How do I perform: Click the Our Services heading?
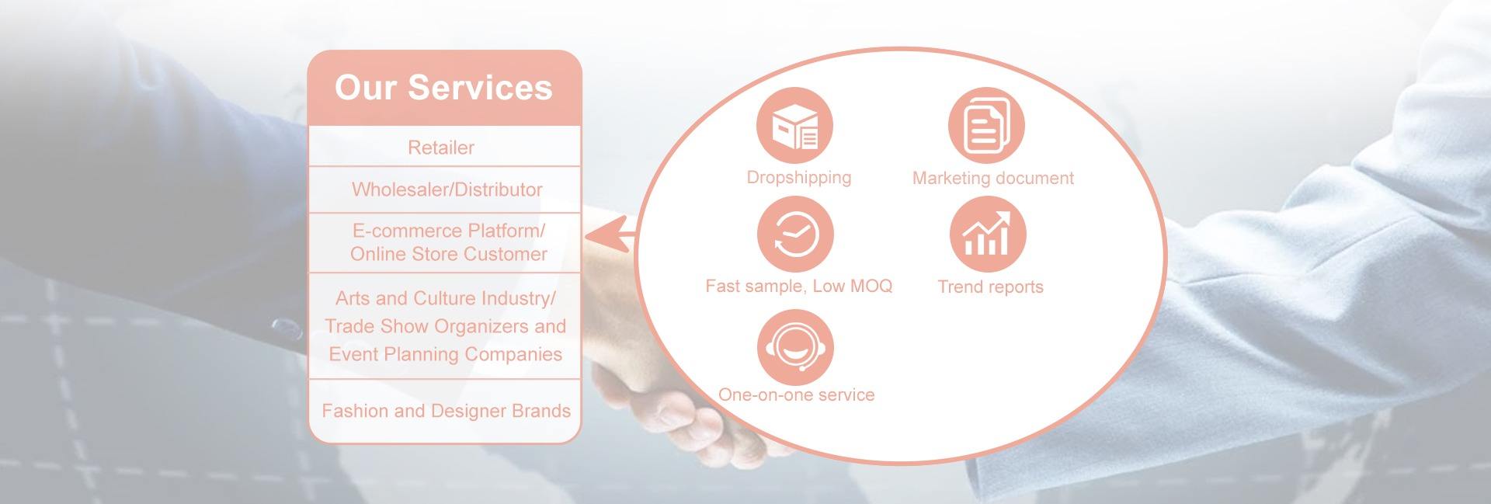pos(443,88)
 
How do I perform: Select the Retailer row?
pos(444,147)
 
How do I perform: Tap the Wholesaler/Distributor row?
pos(444,189)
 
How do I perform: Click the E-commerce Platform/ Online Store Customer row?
pos(444,242)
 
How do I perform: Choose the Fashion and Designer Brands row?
pos(444,411)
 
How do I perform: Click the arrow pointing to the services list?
pos(610,234)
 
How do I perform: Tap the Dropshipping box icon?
pos(794,126)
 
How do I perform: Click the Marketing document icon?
pos(986,126)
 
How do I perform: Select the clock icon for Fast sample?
pos(795,235)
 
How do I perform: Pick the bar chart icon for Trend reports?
pos(987,235)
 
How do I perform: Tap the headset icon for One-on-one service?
pos(795,347)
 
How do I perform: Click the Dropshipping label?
pos(799,178)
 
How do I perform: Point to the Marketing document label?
pos(993,179)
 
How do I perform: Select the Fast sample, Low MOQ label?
pos(799,287)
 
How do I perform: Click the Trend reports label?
pos(991,287)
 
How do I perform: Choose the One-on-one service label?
pos(797,395)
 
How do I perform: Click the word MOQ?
pos(871,286)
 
